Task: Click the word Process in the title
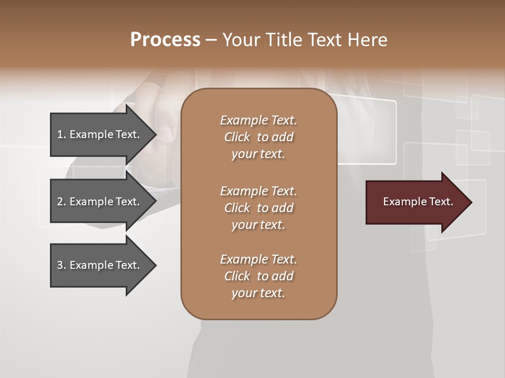point(165,40)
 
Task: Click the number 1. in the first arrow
point(62,134)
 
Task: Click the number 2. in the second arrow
point(62,202)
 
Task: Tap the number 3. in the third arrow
point(62,265)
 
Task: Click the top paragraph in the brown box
point(258,137)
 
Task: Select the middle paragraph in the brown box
point(258,208)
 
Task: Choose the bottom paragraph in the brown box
point(258,276)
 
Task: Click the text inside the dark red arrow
point(418,202)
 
